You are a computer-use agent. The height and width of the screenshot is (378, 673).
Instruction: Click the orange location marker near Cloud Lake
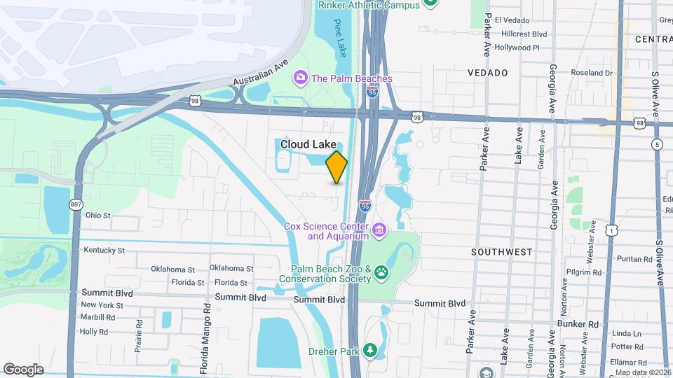coord(337,167)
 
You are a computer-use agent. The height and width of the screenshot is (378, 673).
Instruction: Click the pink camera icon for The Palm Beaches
coord(301,77)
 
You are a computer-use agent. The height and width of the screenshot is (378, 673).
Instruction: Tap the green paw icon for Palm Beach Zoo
coord(381,272)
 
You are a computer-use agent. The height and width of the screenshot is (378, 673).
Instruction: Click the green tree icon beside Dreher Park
coord(369,350)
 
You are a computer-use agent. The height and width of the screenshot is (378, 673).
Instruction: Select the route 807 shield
coord(75,204)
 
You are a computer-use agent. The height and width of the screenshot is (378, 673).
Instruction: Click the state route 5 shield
coord(656,145)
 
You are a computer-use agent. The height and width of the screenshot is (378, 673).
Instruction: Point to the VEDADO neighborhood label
coord(488,73)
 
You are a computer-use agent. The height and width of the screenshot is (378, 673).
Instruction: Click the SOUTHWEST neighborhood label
coord(501,251)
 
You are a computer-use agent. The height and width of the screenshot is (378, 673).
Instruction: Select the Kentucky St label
coord(104,250)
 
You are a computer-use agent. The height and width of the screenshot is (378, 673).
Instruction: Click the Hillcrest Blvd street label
coord(521,34)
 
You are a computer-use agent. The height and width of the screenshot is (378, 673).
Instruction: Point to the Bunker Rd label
coord(578,324)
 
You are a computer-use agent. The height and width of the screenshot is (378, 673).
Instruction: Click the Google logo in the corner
coord(23,369)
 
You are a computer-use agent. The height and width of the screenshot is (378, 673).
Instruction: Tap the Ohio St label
coord(98,216)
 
